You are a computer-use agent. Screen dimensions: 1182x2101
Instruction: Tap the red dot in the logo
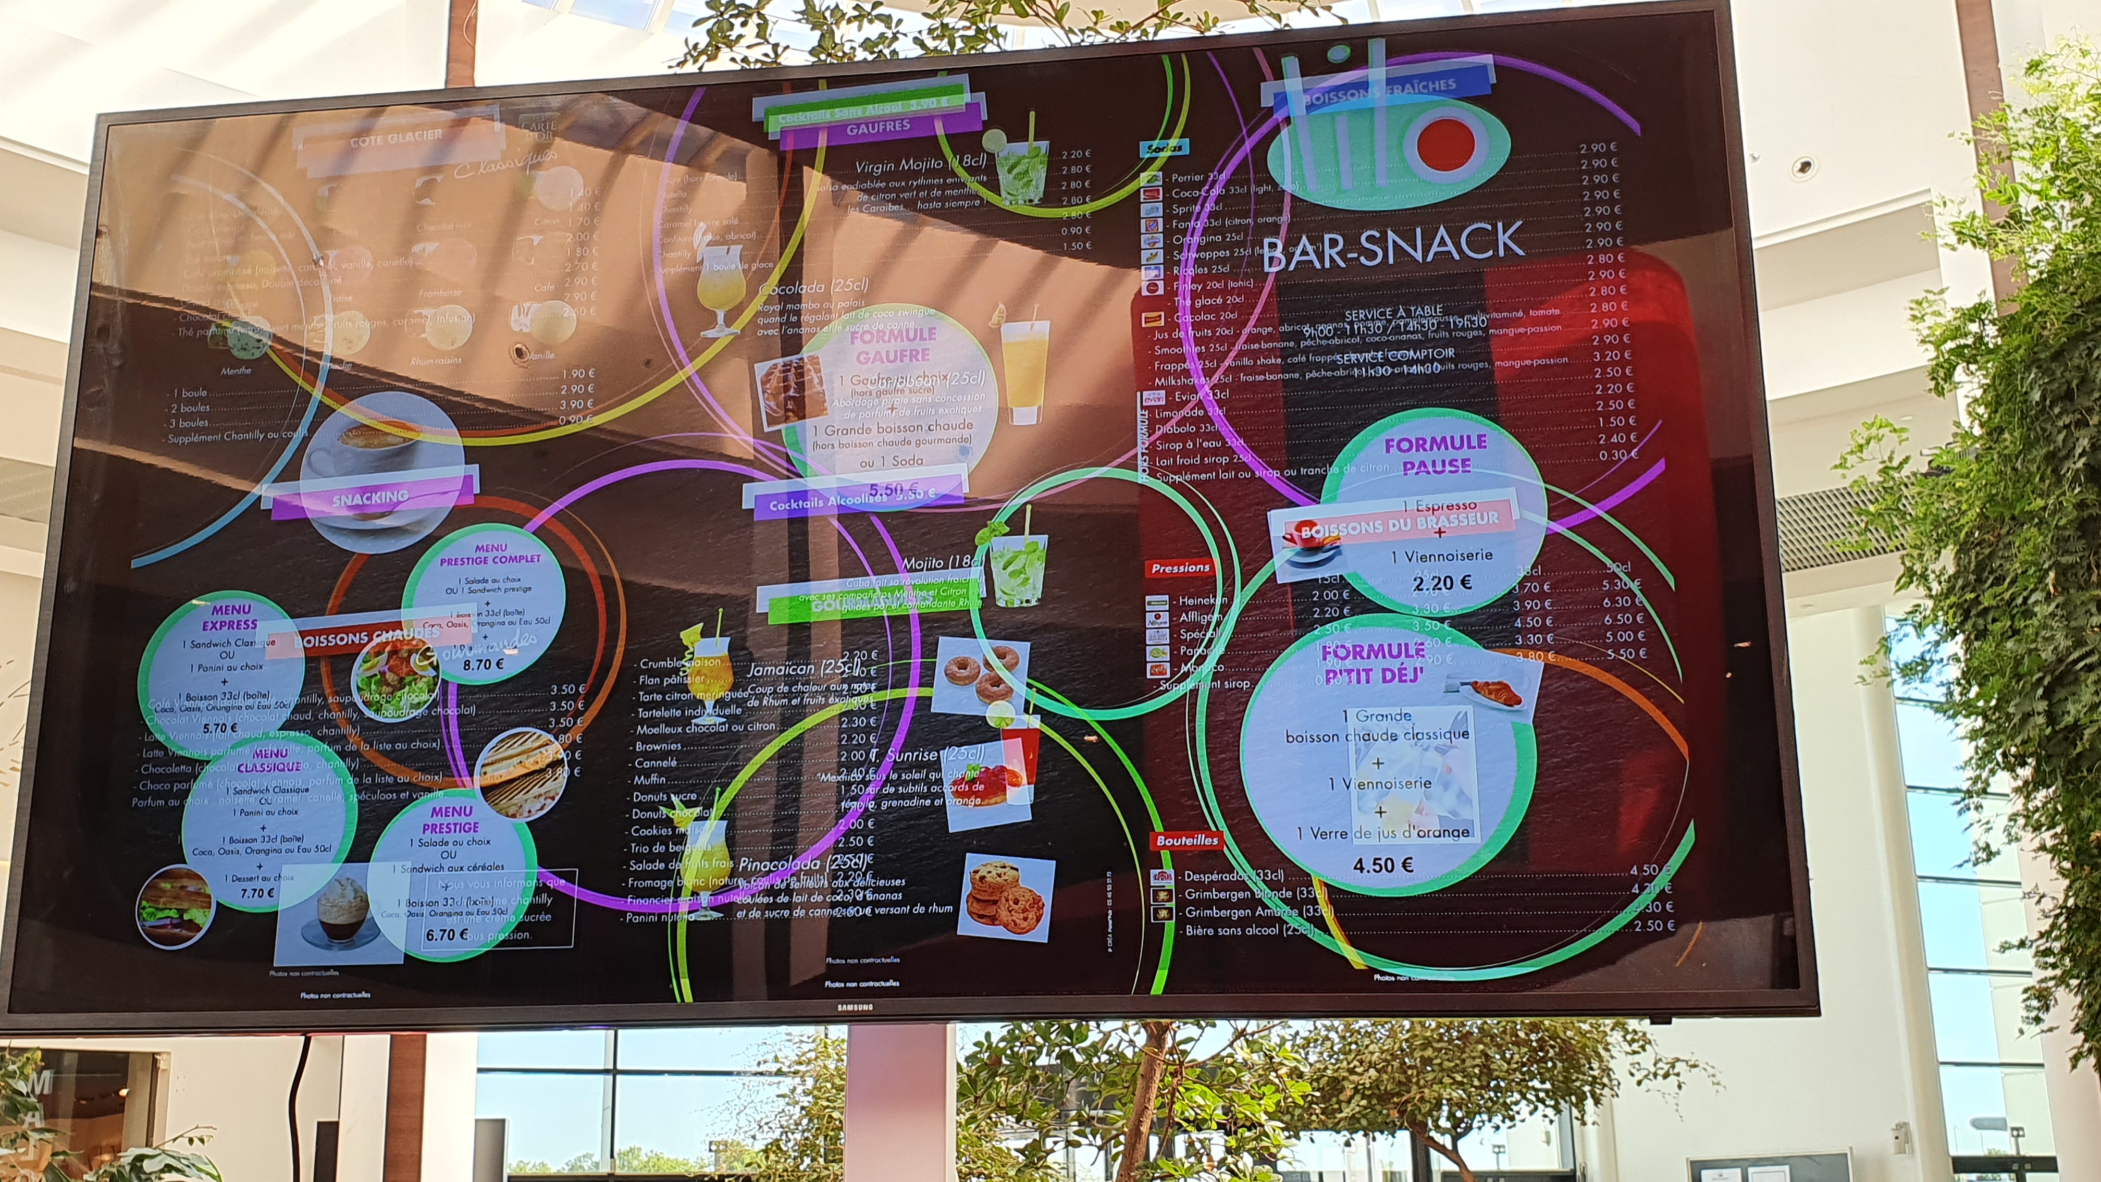[x=1446, y=142]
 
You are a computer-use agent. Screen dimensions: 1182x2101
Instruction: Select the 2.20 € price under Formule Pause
[x=1442, y=583]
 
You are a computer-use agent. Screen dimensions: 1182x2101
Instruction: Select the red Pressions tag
[x=1180, y=568]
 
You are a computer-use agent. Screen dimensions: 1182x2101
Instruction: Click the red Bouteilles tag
[x=1187, y=840]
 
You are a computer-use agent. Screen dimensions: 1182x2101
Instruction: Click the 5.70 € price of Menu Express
[x=220, y=729]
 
